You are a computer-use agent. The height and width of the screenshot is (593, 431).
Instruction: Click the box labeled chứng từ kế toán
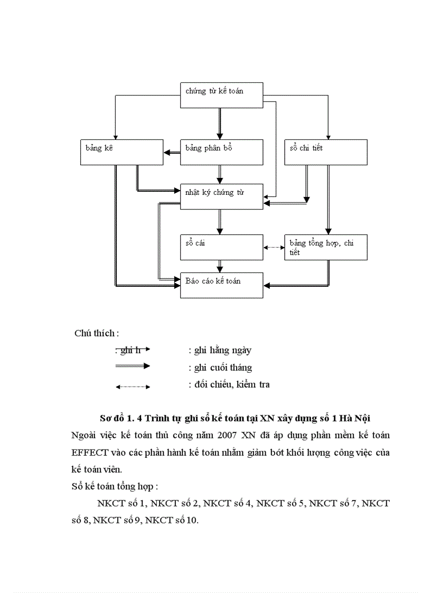(x=221, y=96)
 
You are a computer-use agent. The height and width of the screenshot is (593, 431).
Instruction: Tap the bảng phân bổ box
(x=221, y=152)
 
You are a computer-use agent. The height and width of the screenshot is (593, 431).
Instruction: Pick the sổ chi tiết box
(x=325, y=152)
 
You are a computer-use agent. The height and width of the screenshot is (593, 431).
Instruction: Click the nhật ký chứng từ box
(x=221, y=196)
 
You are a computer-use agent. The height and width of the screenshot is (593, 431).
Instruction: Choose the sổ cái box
(x=221, y=247)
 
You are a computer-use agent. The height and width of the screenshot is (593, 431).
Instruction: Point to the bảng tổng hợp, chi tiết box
(x=325, y=247)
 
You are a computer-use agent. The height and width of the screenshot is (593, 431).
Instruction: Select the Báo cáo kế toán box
(x=221, y=285)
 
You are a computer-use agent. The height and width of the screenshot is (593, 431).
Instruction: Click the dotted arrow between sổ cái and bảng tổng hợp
(x=274, y=247)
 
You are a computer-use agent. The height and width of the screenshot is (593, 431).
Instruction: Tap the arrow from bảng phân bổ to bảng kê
(x=171, y=153)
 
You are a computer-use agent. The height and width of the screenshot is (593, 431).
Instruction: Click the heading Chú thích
(x=97, y=333)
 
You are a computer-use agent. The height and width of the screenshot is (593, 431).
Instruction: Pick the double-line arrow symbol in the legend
(x=133, y=366)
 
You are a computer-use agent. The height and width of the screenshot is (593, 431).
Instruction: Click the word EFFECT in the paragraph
(x=90, y=453)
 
